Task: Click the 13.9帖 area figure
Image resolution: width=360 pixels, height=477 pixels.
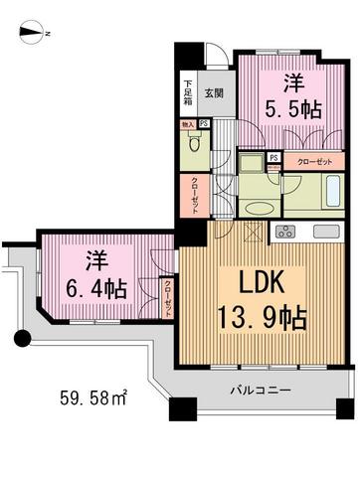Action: pyautogui.click(x=261, y=319)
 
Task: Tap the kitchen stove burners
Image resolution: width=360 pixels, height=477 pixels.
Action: pyautogui.click(x=285, y=233)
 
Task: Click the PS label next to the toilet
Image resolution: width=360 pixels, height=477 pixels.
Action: pyautogui.click(x=203, y=124)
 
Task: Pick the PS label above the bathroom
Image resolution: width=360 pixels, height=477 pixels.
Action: pyautogui.click(x=273, y=158)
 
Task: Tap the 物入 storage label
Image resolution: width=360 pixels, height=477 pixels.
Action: pyautogui.click(x=187, y=124)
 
